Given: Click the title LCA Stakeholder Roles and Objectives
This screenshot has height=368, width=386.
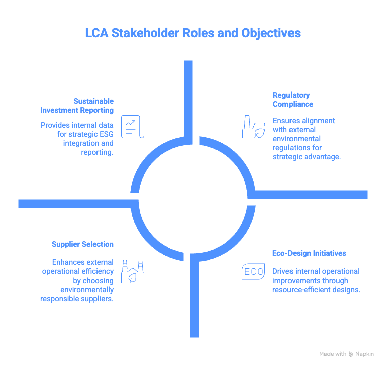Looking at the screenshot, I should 193,33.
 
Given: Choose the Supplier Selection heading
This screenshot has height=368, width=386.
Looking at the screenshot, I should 82,244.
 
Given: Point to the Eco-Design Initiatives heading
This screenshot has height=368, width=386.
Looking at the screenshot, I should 309,253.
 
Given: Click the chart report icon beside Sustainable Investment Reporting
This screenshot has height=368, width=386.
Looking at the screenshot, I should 133,125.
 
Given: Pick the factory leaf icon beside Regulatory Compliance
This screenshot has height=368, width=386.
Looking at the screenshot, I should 254,127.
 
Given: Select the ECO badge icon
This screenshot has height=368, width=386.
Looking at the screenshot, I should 253,272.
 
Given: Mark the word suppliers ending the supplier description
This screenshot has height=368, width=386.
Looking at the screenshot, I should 99,299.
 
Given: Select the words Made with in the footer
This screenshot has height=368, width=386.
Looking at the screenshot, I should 332,354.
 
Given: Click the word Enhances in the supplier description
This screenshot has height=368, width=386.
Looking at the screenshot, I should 67,262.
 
